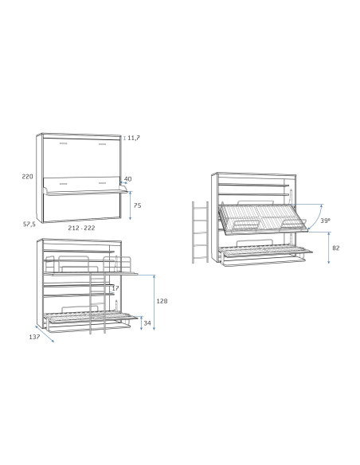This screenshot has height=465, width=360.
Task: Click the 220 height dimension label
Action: click(27, 177)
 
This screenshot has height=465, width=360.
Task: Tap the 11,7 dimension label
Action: click(134, 138)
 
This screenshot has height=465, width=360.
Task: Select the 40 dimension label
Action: click(127, 179)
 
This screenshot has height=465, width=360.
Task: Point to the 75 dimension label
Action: click(137, 205)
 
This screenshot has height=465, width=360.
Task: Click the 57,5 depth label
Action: click(29, 225)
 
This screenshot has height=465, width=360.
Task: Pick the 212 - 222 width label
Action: click(81, 228)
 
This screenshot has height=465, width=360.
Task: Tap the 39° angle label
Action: click(325, 221)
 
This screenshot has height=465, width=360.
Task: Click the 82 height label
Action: click(335, 248)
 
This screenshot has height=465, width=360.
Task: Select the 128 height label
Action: click(162, 301)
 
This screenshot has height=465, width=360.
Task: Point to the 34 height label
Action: click(147, 323)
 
